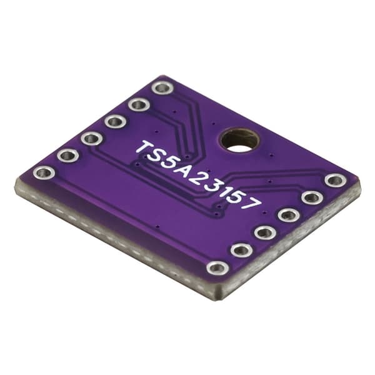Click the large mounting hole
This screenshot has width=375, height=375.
(240, 141)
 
